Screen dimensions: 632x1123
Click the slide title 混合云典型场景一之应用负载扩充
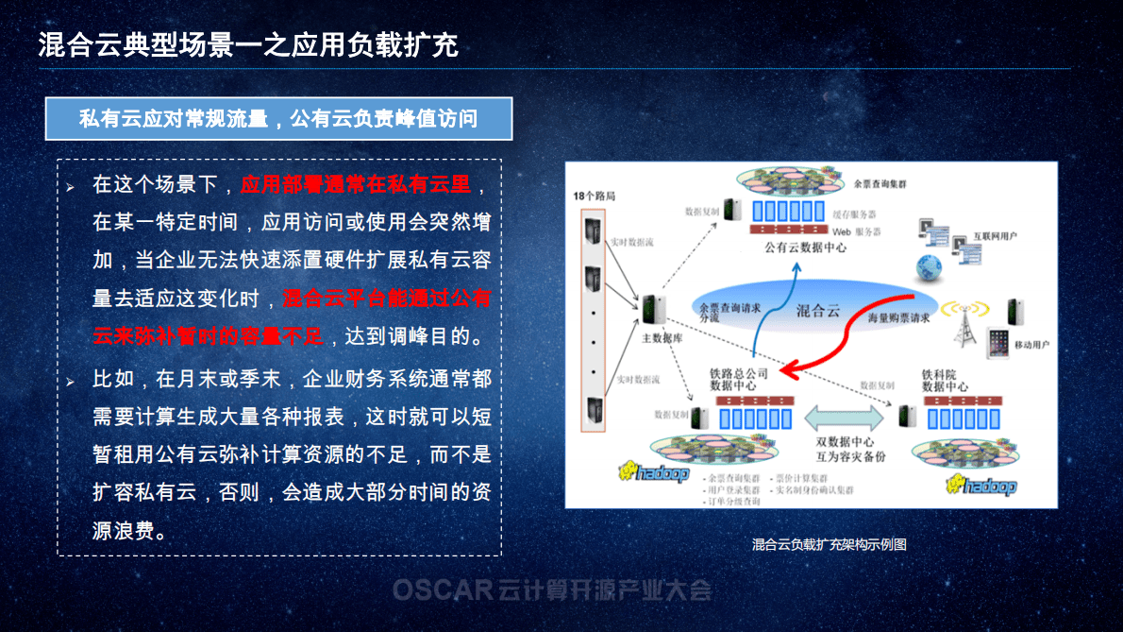(248, 44)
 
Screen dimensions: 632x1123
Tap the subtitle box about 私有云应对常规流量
(278, 118)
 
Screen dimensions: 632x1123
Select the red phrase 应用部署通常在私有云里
(355, 184)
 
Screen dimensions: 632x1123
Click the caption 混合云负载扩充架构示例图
(829, 544)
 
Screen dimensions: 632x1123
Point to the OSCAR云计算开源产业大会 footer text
(552, 591)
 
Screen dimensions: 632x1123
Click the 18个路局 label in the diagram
(595, 196)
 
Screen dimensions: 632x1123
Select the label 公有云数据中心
(805, 248)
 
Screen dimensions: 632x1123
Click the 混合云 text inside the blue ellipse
(817, 310)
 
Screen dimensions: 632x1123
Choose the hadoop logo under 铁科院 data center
(982, 486)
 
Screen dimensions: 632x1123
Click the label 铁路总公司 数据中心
(739, 380)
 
